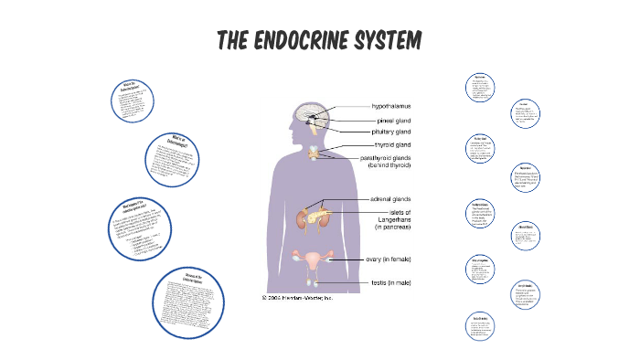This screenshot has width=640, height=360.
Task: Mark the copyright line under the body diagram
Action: coord(297,297)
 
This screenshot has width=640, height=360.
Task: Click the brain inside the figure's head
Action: coord(312,117)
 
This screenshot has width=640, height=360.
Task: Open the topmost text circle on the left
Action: coord(132,102)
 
